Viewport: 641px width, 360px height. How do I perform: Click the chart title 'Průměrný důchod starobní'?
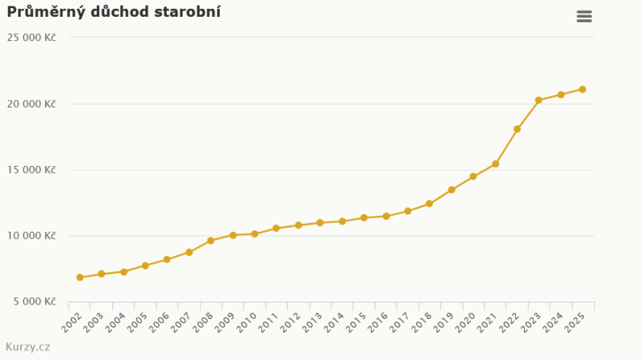point(114,12)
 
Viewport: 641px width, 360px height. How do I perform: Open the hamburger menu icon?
point(584,17)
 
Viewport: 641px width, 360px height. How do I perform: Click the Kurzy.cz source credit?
point(28,347)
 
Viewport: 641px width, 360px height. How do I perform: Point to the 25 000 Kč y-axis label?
point(31,38)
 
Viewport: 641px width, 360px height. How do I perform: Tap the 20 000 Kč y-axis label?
point(31,104)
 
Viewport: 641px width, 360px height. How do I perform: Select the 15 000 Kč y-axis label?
point(31,170)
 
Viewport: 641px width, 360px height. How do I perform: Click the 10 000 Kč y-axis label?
point(31,236)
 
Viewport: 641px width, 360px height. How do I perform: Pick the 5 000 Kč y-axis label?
point(34,302)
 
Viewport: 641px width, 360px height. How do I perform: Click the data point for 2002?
point(79,277)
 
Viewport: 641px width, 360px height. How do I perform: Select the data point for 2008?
point(211,241)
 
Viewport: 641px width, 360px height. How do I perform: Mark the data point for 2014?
point(342,221)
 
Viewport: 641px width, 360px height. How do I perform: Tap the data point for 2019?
point(451,190)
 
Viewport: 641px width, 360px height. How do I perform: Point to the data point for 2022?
point(517,129)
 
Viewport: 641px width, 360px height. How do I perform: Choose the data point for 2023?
point(538,100)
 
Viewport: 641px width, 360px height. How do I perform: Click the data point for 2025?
point(583,90)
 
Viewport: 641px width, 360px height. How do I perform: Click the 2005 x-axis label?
point(137,323)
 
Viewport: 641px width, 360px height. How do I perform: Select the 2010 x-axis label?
point(247,323)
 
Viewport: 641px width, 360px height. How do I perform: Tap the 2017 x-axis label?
point(399,323)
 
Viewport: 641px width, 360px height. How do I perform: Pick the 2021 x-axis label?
point(487,323)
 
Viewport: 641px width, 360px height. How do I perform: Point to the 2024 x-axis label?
point(553,323)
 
